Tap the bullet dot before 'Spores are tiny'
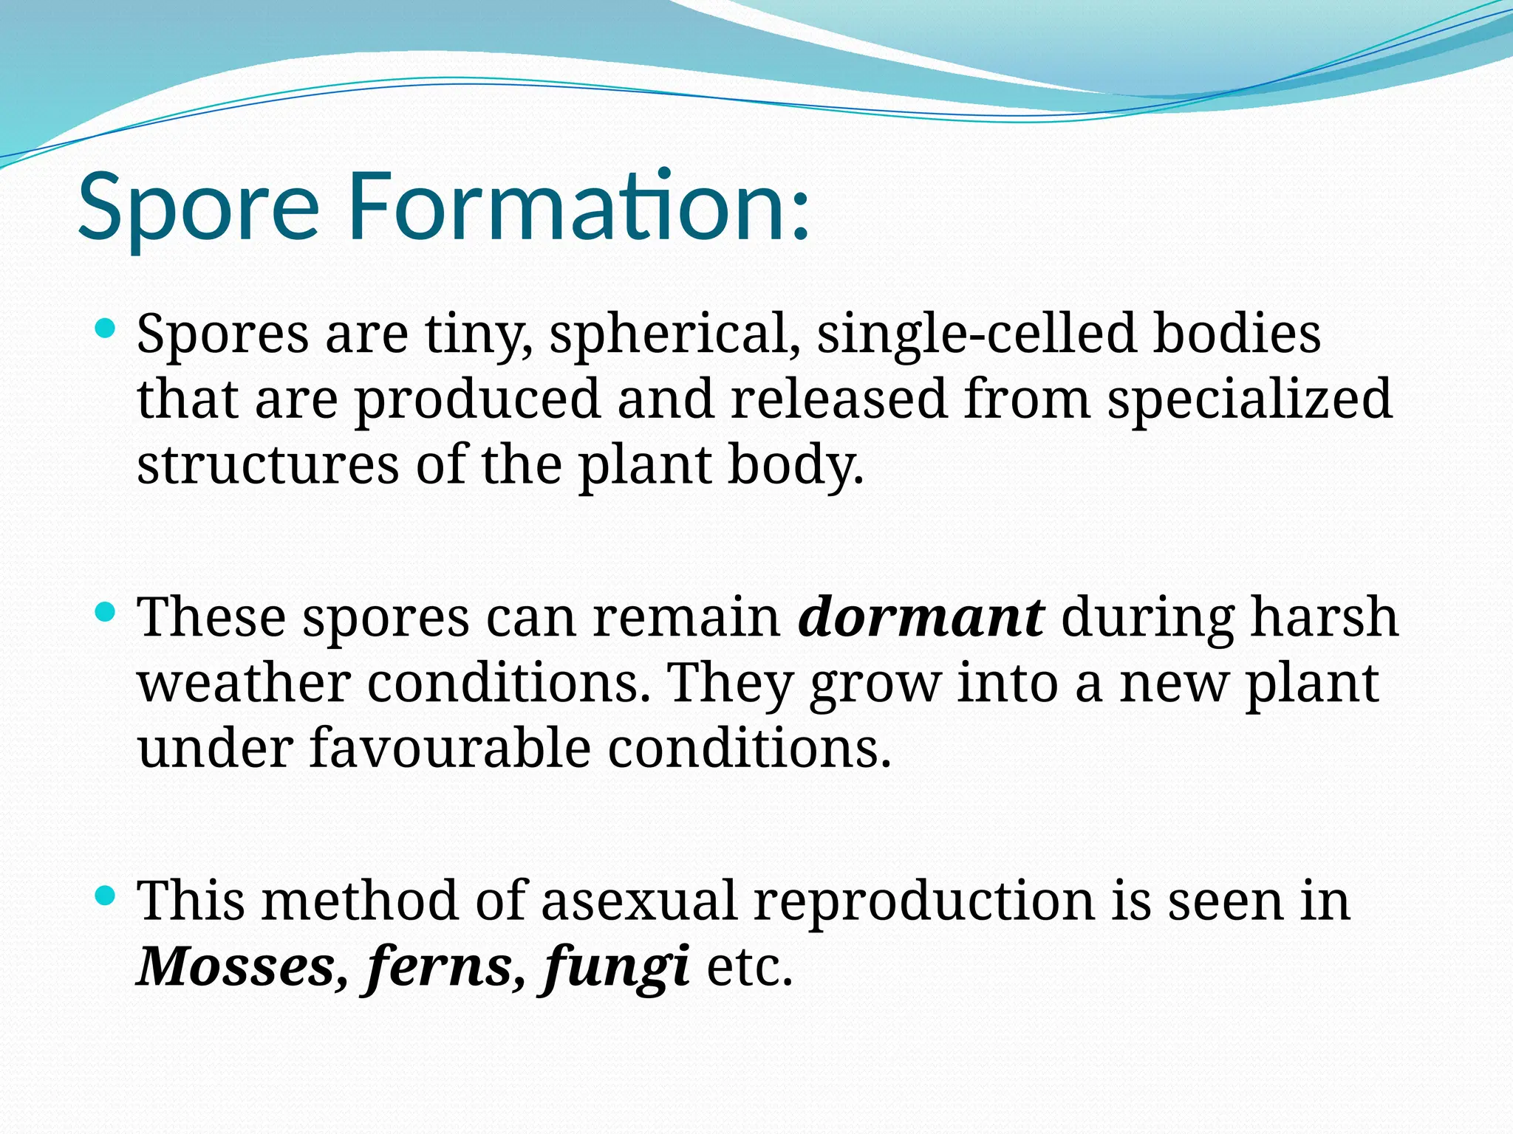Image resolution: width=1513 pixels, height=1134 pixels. coord(106,328)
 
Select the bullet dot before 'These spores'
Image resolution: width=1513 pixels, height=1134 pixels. coord(106,611)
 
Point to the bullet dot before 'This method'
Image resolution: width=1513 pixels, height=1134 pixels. coord(106,896)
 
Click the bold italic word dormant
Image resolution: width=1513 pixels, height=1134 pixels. coord(921,617)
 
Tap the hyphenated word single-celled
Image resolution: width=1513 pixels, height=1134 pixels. coord(975,334)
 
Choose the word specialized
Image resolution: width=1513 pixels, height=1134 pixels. coord(1249,400)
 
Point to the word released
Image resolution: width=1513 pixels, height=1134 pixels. coord(839,399)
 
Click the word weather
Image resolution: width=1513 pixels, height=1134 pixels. coord(244,684)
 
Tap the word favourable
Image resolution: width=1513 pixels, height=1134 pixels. coord(450,748)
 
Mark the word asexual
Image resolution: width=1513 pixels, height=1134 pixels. coord(638,901)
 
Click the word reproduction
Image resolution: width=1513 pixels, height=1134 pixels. coord(923,902)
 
